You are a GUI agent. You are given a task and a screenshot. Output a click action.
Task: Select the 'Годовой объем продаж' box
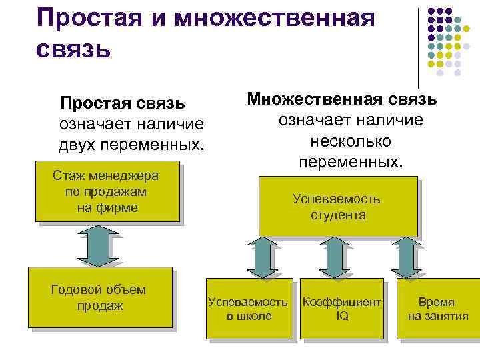click(x=99, y=297)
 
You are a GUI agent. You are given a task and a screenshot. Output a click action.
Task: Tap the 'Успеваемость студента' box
click(x=337, y=207)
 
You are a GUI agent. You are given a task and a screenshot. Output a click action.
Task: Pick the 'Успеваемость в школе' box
click(x=249, y=309)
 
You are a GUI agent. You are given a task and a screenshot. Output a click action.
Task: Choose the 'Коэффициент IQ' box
click(x=342, y=309)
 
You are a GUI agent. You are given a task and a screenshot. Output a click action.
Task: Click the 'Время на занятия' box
click(x=438, y=309)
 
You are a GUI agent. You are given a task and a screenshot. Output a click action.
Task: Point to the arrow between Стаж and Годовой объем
click(x=99, y=245)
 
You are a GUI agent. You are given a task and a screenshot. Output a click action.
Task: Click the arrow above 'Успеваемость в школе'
click(x=261, y=257)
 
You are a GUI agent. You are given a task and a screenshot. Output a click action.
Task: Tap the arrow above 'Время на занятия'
click(x=403, y=257)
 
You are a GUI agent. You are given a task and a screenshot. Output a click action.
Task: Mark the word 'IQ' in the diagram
click(x=342, y=316)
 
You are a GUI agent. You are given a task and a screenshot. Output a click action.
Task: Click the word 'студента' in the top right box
click(x=337, y=215)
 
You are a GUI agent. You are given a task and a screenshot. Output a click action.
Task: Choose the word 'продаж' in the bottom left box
click(x=100, y=306)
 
